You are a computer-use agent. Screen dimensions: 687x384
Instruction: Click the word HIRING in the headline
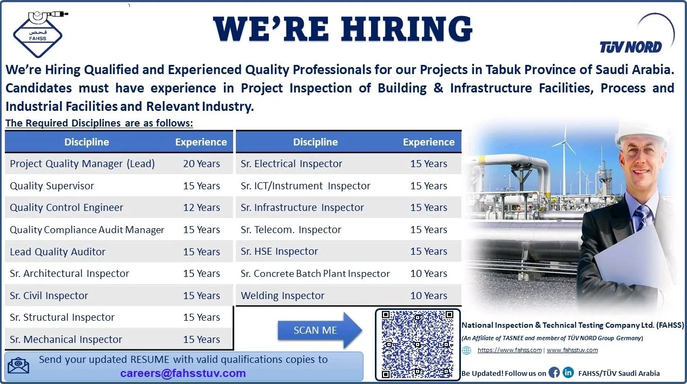tap(407, 29)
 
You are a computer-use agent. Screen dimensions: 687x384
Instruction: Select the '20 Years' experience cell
tap(201, 164)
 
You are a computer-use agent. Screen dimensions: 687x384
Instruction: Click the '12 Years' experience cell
tap(201, 208)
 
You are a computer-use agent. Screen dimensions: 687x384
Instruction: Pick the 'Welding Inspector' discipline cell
tap(282, 296)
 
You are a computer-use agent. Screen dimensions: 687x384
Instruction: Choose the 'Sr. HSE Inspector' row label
tap(279, 251)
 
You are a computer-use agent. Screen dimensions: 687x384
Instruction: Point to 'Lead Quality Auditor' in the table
tap(57, 252)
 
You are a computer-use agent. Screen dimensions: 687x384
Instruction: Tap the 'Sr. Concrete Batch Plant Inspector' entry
tap(315, 274)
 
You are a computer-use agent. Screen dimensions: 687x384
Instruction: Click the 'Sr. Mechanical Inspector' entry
tap(66, 340)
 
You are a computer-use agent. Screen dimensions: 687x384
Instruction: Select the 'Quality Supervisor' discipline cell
tap(52, 186)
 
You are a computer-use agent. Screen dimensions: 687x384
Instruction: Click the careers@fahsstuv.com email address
tap(183, 373)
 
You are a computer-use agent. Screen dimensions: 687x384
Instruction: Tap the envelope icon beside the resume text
tap(19, 366)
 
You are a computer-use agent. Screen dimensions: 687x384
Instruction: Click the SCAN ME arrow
tap(320, 330)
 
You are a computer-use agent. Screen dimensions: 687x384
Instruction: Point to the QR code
tap(418, 345)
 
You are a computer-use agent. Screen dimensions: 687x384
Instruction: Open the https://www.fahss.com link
tap(510, 350)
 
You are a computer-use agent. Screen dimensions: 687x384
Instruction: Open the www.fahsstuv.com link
tap(572, 350)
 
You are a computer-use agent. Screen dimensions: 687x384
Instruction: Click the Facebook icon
tap(554, 373)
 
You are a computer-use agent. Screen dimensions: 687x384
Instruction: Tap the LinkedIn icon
tap(568, 373)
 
